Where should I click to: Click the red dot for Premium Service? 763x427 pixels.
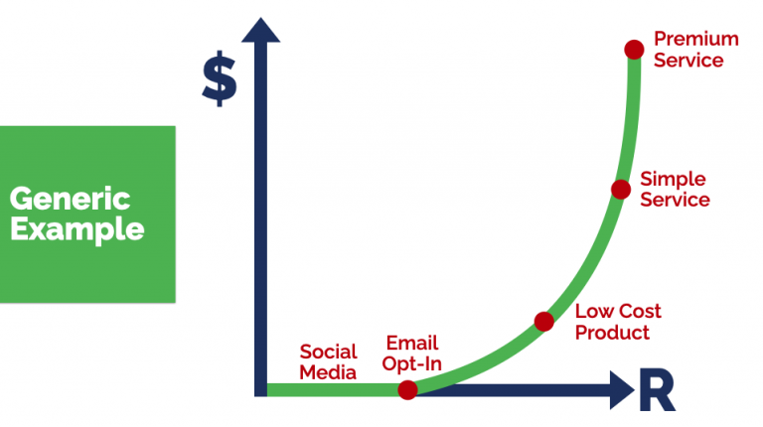(x=634, y=49)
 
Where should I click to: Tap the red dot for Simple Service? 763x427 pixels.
(x=621, y=189)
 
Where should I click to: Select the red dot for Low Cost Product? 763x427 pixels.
(x=543, y=321)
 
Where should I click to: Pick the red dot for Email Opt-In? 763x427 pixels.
(x=407, y=389)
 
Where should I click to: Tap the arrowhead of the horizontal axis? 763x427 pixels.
(x=622, y=389)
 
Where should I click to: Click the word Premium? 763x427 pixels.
(x=695, y=39)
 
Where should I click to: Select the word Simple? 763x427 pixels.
(x=673, y=179)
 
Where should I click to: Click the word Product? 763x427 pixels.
(x=612, y=333)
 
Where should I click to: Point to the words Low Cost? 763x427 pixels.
(x=618, y=311)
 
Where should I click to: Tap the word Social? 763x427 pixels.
(x=328, y=352)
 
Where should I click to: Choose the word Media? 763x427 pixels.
(x=328, y=372)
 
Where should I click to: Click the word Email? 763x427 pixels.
(x=410, y=344)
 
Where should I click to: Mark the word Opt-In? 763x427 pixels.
(x=410, y=364)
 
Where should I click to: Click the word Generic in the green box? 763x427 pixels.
(x=70, y=198)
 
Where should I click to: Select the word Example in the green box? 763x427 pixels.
(x=76, y=230)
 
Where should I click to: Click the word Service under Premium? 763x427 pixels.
(x=688, y=60)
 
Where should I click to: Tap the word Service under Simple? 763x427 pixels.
(x=675, y=200)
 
